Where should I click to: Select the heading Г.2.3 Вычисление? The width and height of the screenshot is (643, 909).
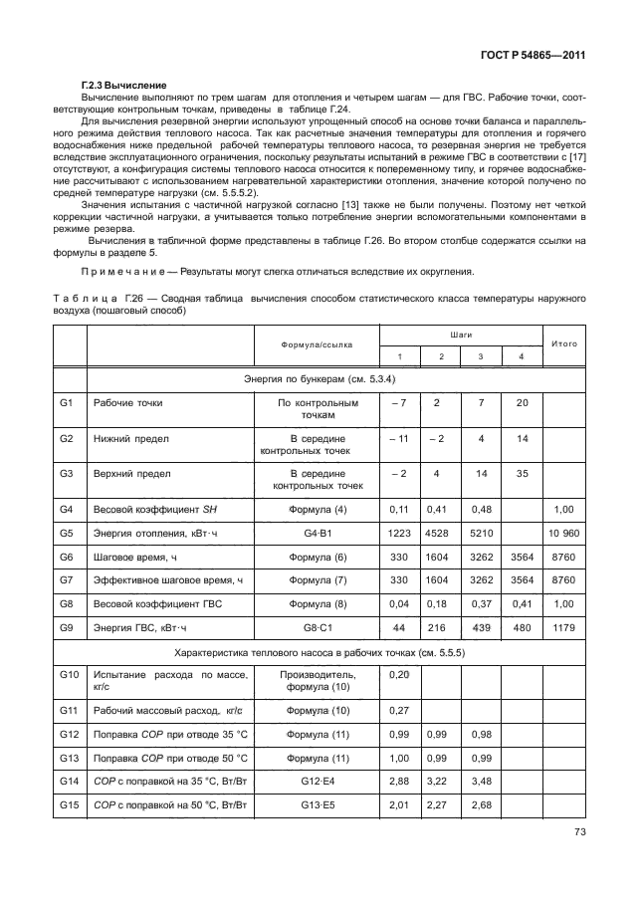(x=123, y=87)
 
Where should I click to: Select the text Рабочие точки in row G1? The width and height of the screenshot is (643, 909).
(x=127, y=403)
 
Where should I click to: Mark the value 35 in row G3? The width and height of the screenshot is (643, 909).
(x=521, y=474)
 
